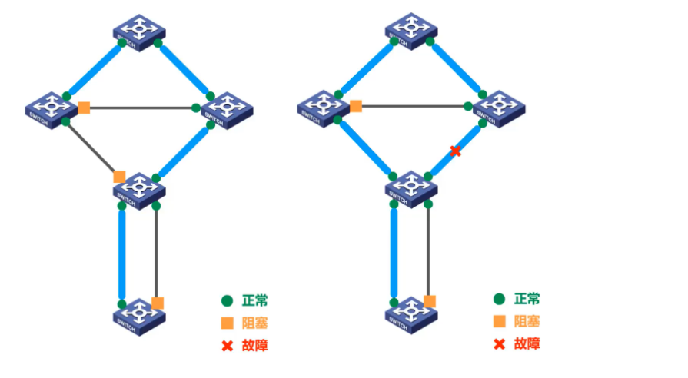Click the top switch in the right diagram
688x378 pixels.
click(x=411, y=30)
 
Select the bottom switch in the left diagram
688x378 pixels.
click(x=139, y=314)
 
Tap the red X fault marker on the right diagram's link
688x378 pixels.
click(x=455, y=151)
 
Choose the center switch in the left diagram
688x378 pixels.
click(x=139, y=189)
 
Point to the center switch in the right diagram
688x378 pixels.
click(x=411, y=188)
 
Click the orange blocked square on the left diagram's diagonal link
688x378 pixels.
click(x=119, y=177)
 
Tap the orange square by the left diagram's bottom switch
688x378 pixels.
click(x=158, y=303)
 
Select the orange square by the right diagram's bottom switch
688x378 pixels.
click(x=430, y=301)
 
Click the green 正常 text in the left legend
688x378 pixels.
click(x=254, y=300)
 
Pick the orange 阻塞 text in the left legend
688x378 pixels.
click(x=254, y=323)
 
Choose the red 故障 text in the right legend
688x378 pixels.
click(x=527, y=343)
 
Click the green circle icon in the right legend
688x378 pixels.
click(x=499, y=299)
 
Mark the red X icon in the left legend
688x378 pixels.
click(x=227, y=346)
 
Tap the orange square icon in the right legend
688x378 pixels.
click(x=499, y=321)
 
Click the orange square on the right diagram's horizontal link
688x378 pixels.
click(x=356, y=106)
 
